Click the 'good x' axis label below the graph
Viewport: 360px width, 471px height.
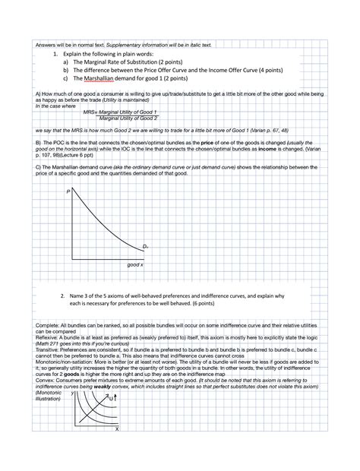[135, 264]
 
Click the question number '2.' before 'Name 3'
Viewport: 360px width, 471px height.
[62, 295]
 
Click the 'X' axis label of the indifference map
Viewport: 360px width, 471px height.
[117, 428]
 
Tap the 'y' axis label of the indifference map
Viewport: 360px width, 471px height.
[73, 394]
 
